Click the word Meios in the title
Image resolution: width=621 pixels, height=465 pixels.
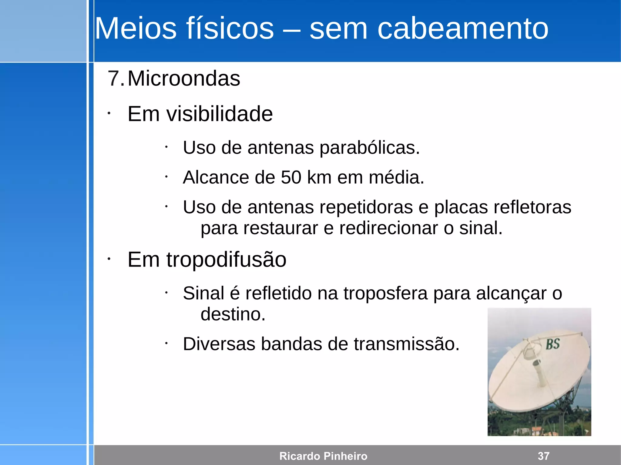tap(135, 28)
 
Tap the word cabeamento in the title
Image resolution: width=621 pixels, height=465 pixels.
tap(463, 28)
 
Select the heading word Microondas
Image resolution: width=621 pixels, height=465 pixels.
tap(184, 78)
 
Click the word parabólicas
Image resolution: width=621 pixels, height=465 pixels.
tap(370, 148)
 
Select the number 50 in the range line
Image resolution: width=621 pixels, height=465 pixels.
tap(291, 177)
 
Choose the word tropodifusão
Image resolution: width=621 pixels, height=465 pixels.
tap(226, 260)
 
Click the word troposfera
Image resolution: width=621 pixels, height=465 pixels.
tap(385, 293)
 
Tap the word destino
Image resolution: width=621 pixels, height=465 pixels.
tap(233, 314)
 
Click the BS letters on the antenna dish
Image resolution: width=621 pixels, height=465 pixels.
tap(553, 344)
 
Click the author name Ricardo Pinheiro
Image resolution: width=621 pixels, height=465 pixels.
tap(323, 456)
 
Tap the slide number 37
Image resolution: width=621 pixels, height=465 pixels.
tap(543, 456)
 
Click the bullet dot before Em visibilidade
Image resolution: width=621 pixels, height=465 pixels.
tap(109, 114)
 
